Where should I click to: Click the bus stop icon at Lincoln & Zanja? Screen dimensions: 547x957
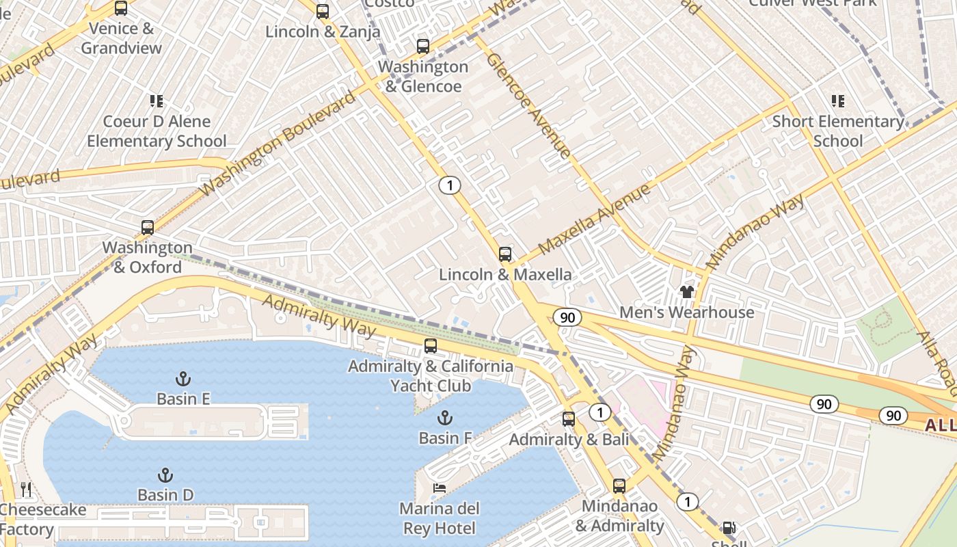click(323, 11)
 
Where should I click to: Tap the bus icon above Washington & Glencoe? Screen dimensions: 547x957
click(423, 46)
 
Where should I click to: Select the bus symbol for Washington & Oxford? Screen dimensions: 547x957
click(148, 228)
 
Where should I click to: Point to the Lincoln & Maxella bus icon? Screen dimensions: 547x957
click(505, 254)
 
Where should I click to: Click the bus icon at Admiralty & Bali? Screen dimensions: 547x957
click(569, 419)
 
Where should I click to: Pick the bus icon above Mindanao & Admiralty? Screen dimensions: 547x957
click(619, 486)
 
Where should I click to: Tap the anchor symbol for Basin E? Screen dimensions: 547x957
click(183, 379)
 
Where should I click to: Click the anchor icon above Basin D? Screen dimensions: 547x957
click(165, 475)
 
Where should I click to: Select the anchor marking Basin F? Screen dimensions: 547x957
click(445, 418)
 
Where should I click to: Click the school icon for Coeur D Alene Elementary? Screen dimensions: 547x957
click(157, 101)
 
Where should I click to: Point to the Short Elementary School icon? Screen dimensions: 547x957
click(838, 101)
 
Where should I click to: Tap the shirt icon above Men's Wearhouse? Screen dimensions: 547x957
click(687, 292)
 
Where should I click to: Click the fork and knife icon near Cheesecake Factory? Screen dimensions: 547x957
click(26, 490)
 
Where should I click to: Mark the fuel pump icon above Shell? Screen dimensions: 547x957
click(729, 528)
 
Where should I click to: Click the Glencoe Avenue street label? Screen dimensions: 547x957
click(528, 105)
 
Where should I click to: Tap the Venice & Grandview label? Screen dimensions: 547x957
click(122, 38)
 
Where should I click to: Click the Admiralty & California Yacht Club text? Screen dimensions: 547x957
click(431, 375)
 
